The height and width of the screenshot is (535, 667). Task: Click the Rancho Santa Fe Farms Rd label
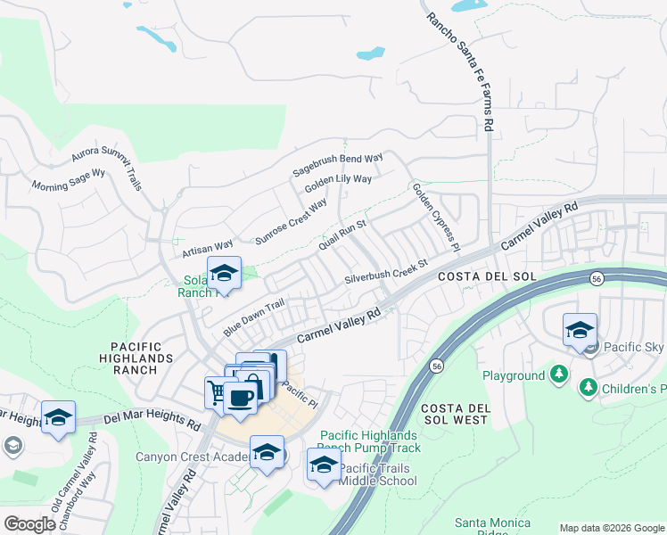459,72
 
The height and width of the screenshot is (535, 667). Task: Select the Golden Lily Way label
338,185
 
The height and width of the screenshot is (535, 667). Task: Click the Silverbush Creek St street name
387,272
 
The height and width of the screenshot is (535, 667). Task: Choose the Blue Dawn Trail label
253,317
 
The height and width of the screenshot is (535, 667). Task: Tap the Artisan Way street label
207,245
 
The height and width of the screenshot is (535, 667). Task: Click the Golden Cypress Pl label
436,216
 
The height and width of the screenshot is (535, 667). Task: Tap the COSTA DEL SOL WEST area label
455,413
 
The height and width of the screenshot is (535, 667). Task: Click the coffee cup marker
240,397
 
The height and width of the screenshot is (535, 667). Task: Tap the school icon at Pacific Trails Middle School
324,465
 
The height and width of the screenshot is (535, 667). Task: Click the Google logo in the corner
30,524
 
